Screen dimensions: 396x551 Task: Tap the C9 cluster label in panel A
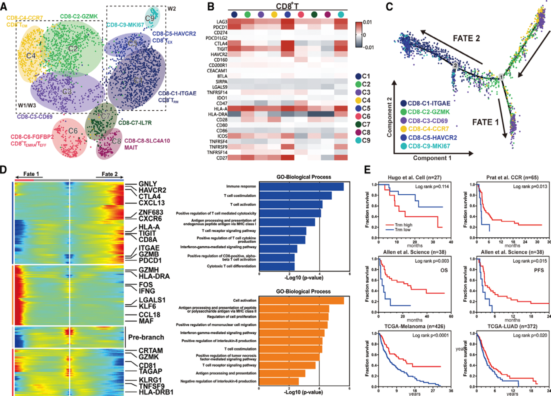(x=150, y=18)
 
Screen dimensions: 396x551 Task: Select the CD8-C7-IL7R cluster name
(x=135, y=123)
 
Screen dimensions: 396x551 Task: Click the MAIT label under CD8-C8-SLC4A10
(x=131, y=147)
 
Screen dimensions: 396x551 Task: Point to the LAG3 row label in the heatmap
(x=221, y=22)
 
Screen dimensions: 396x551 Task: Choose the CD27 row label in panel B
(x=221, y=158)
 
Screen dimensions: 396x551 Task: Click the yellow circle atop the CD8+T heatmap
(x=274, y=15)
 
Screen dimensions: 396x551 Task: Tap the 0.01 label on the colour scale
(x=367, y=22)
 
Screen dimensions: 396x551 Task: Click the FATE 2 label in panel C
(x=466, y=39)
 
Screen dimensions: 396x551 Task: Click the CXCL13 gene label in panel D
(x=151, y=203)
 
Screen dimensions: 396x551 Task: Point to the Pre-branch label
(x=146, y=337)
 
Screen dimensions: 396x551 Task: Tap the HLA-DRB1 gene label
(x=156, y=392)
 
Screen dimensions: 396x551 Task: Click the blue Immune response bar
(x=301, y=187)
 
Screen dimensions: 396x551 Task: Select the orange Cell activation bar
(x=301, y=300)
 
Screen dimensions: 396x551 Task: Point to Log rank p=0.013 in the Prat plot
(x=530, y=187)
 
